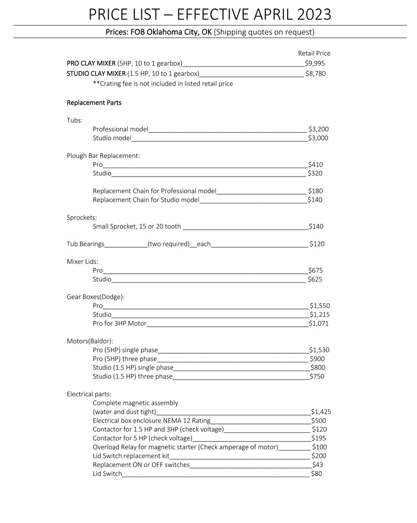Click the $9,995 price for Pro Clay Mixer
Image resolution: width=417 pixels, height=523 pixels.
pyautogui.click(x=315, y=63)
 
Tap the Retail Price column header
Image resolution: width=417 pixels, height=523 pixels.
pyautogui.click(x=314, y=53)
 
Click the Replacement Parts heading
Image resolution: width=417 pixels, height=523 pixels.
pyautogui.click(x=94, y=103)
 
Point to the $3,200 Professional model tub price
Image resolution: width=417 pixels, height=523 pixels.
pyautogui.click(x=318, y=129)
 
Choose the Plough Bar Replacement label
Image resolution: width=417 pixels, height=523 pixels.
pyautogui.click(x=103, y=156)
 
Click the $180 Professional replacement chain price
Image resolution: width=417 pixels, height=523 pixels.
pyautogui.click(x=315, y=191)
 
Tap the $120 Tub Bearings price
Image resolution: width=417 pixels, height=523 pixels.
pyautogui.click(x=317, y=244)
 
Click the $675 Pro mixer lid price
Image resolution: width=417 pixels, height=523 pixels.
pyautogui.click(x=315, y=270)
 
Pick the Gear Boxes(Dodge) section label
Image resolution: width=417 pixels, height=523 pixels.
pyautogui.click(x=96, y=296)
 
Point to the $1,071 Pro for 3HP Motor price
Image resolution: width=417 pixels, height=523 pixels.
pyautogui.click(x=318, y=323)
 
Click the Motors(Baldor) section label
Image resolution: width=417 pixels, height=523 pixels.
pyautogui.click(x=90, y=341)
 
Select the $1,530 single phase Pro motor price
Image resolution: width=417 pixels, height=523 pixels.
pyautogui.click(x=319, y=350)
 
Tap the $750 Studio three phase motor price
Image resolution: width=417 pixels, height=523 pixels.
pyautogui.click(x=317, y=376)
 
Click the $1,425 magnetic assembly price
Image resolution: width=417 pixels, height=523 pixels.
pyautogui.click(x=321, y=411)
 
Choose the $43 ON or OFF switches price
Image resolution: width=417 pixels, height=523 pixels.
pyautogui.click(x=318, y=465)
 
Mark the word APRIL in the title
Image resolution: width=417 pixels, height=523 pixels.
pyautogui.click(x=261, y=14)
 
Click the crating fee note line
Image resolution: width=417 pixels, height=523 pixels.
pyautogui.click(x=163, y=84)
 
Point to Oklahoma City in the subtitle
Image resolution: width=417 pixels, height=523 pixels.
pyautogui.click(x=168, y=32)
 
